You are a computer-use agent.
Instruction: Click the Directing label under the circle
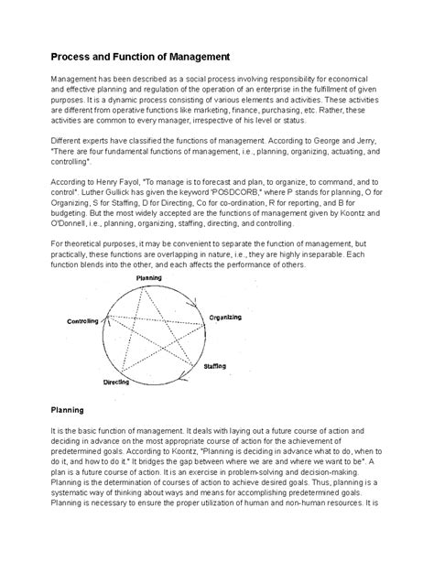(117, 381)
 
